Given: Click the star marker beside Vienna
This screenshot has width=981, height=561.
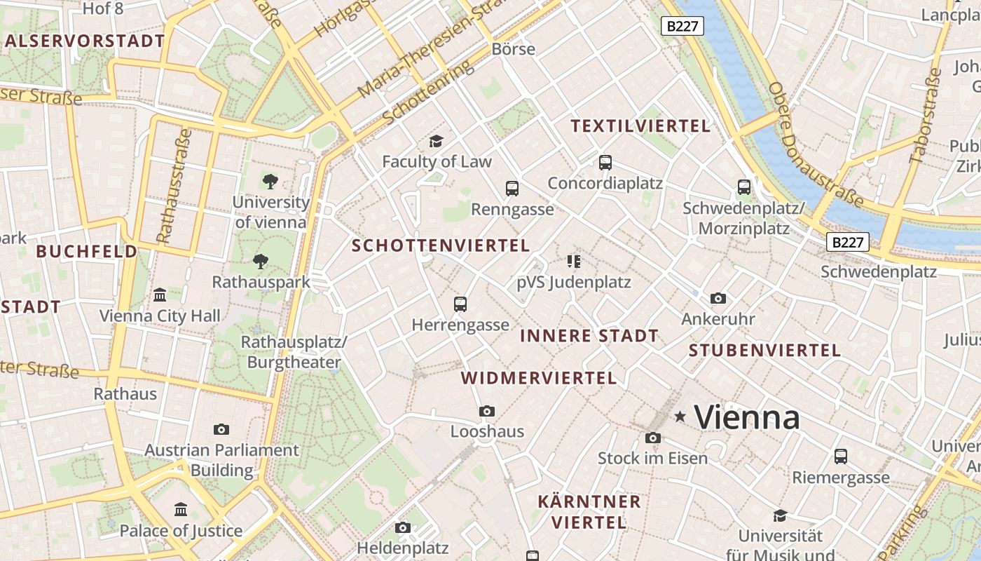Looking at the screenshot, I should pos(680,417).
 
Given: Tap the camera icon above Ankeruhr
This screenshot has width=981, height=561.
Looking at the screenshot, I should pos(718,299).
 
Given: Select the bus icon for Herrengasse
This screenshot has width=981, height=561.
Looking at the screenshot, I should pos(460,304).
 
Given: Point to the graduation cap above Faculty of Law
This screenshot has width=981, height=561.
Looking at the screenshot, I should pos(437,142).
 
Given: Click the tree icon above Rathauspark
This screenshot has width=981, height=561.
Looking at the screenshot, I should pos(261,262).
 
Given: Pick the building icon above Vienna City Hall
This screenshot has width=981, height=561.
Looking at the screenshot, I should pos(160,295).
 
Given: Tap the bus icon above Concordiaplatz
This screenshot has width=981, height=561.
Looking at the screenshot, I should pos(605,163).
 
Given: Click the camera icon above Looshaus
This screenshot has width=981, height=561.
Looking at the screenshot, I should pos(487,411).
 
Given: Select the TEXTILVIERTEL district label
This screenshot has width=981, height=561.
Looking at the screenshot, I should pos(640,126).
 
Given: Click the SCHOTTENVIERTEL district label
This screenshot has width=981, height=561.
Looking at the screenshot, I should pos(441,245).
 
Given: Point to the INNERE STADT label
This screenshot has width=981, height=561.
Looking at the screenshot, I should pos(589,336).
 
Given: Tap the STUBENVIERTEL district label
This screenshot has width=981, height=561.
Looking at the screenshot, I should pos(764,350).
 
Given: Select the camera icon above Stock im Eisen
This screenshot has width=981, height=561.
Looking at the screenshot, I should pos(653,438).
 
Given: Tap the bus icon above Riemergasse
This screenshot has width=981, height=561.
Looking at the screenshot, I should pos(841,457).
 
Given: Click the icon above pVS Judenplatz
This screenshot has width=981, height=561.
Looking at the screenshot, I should pos(574,262).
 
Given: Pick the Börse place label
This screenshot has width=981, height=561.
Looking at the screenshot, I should pos(514,49).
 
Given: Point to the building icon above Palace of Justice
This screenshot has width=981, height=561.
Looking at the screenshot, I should pos(181,509).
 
